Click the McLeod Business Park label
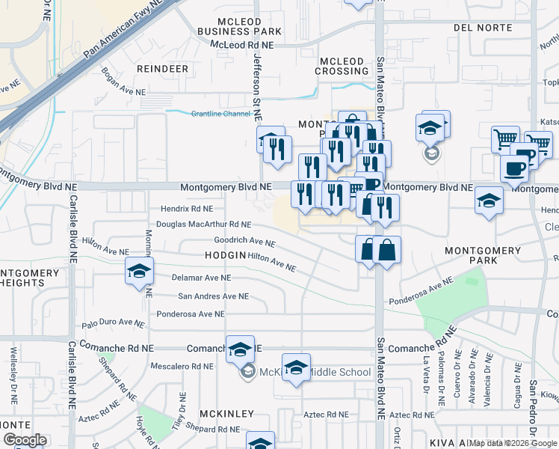coord(239,25)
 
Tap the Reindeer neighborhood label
coord(162,68)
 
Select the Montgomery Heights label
coord(32,278)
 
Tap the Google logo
coord(25,439)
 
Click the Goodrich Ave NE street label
coord(244,242)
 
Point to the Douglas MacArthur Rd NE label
coord(203,224)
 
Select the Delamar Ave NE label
coord(197,278)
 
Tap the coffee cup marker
coord(514,168)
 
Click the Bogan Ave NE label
coord(123,82)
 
